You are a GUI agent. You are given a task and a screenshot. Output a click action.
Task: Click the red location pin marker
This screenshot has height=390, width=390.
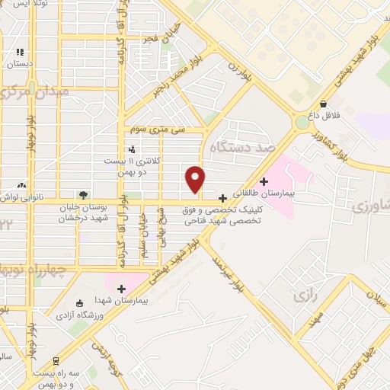(x=196, y=179)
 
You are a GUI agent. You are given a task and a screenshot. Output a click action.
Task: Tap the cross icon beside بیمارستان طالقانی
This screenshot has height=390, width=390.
(x=264, y=181)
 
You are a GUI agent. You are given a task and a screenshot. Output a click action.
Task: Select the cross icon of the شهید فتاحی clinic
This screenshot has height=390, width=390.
(x=222, y=198)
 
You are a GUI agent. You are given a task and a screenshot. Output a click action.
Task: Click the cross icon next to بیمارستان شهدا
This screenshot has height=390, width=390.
(x=121, y=288)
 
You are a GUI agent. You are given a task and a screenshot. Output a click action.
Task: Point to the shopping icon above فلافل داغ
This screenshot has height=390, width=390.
(x=324, y=104)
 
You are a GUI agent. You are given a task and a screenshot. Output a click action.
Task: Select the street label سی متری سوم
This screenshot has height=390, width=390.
(x=158, y=129)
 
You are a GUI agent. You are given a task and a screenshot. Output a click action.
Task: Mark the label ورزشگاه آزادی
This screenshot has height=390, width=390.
(x=75, y=313)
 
